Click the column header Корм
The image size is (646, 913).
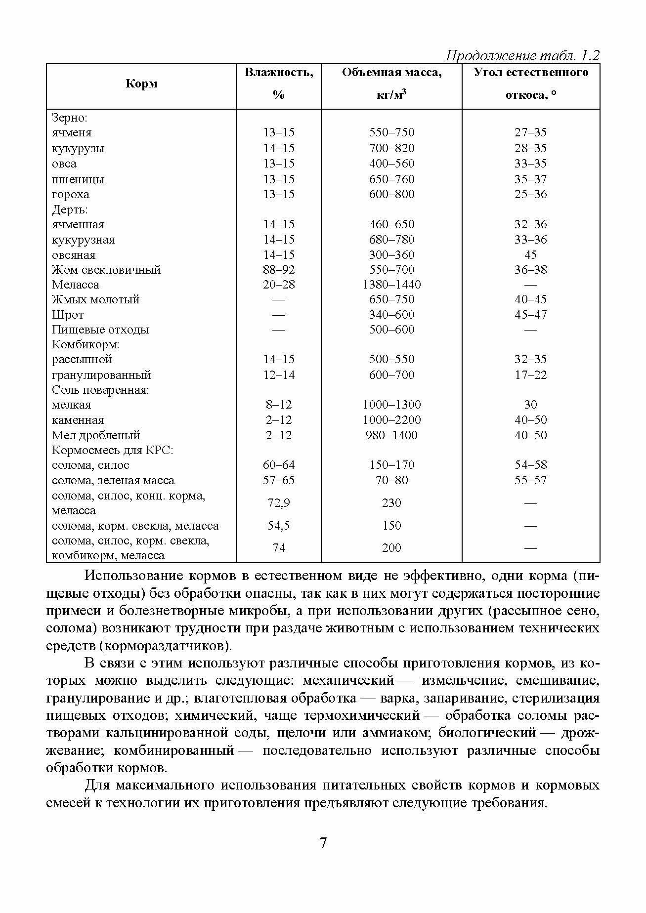tap(141, 83)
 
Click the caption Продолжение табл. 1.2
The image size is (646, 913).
tap(522, 55)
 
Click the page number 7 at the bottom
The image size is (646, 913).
tap(323, 842)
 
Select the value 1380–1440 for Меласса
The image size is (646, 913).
tap(391, 285)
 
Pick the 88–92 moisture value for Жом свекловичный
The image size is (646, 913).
tap(279, 270)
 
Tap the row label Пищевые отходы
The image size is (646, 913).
tap(100, 330)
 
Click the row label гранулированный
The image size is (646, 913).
tap(101, 375)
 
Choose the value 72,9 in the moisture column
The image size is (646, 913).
tap(279, 503)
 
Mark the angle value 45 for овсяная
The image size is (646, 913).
tap(530, 255)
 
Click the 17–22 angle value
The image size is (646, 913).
tap(530, 375)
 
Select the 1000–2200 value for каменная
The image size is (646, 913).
tap(391, 420)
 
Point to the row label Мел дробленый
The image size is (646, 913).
tap(96, 435)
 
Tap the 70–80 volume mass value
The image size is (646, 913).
tap(391, 480)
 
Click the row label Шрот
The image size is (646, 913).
tap(68, 315)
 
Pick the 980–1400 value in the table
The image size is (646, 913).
tap(391, 435)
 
